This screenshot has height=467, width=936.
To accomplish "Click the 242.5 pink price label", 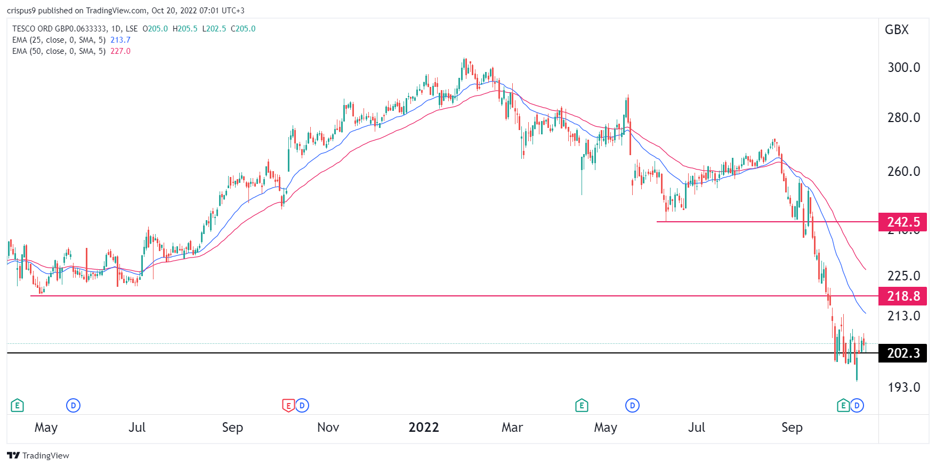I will tap(903, 222).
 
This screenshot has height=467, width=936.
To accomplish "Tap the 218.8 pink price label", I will tap(903, 296).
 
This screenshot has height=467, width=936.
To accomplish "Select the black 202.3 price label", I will tap(903, 353).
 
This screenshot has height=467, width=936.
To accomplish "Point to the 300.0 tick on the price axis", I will tap(903, 67).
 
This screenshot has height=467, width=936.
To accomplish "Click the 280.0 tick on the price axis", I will tap(903, 117).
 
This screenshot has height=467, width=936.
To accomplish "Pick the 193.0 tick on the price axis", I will tap(903, 387).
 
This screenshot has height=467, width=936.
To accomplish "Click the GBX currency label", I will tap(897, 30).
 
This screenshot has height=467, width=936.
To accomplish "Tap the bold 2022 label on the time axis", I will tap(424, 428).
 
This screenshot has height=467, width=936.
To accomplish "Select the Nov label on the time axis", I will tap(328, 428).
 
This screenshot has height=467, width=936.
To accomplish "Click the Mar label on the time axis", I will tap(512, 428).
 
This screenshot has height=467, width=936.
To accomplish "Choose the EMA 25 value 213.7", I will tap(120, 40).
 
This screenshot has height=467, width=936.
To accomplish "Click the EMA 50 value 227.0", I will tap(120, 51).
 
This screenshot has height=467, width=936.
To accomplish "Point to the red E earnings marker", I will tap(288, 406).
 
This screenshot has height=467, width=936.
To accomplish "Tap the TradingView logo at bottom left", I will tap(38, 455).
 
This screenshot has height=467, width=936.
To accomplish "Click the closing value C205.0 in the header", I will tap(243, 29).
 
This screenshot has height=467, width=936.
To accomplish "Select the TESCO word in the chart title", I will tap(24, 29).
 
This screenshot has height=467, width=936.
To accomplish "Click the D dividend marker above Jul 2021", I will tap(73, 406).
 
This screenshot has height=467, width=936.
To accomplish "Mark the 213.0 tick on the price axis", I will tap(903, 316).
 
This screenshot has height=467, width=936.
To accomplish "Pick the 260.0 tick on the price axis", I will tap(903, 171).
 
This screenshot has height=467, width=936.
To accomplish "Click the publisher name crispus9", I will tap(21, 11).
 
